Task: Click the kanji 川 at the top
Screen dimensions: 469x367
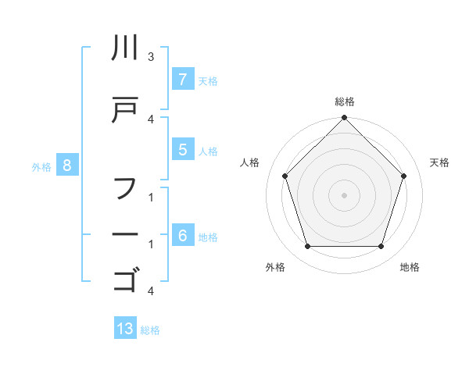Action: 125,49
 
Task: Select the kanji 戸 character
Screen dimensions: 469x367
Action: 125,110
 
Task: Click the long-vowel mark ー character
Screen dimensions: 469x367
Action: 125,233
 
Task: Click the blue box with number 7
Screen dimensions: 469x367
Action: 182,80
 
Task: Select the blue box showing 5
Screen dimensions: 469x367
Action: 182,150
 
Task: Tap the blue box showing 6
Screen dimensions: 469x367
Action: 182,236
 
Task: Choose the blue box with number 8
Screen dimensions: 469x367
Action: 67,165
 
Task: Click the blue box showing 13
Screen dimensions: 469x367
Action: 125,329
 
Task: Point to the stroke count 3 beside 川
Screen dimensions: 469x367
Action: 151,57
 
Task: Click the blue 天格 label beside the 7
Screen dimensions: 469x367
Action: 208,80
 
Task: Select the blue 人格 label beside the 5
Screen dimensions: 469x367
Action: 208,151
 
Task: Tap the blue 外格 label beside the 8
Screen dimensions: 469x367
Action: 41,166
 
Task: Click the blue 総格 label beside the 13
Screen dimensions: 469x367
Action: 150,330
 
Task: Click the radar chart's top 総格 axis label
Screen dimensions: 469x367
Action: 345,102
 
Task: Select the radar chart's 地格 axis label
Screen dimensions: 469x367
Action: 410,267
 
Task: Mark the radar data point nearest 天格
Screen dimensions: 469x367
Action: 404,176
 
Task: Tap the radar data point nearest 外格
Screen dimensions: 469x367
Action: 307,247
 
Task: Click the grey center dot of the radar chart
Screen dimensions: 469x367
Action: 344,194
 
